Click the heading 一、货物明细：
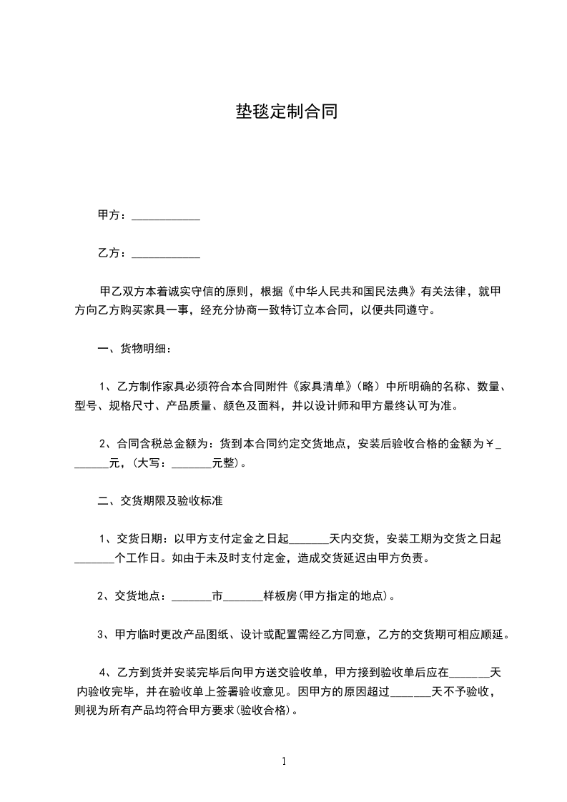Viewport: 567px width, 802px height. coord(134,350)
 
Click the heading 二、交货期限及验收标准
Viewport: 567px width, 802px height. coord(159,502)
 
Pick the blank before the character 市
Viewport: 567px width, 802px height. coord(192,596)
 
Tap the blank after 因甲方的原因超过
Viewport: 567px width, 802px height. coord(411,693)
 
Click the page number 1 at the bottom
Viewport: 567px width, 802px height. coord(284,761)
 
